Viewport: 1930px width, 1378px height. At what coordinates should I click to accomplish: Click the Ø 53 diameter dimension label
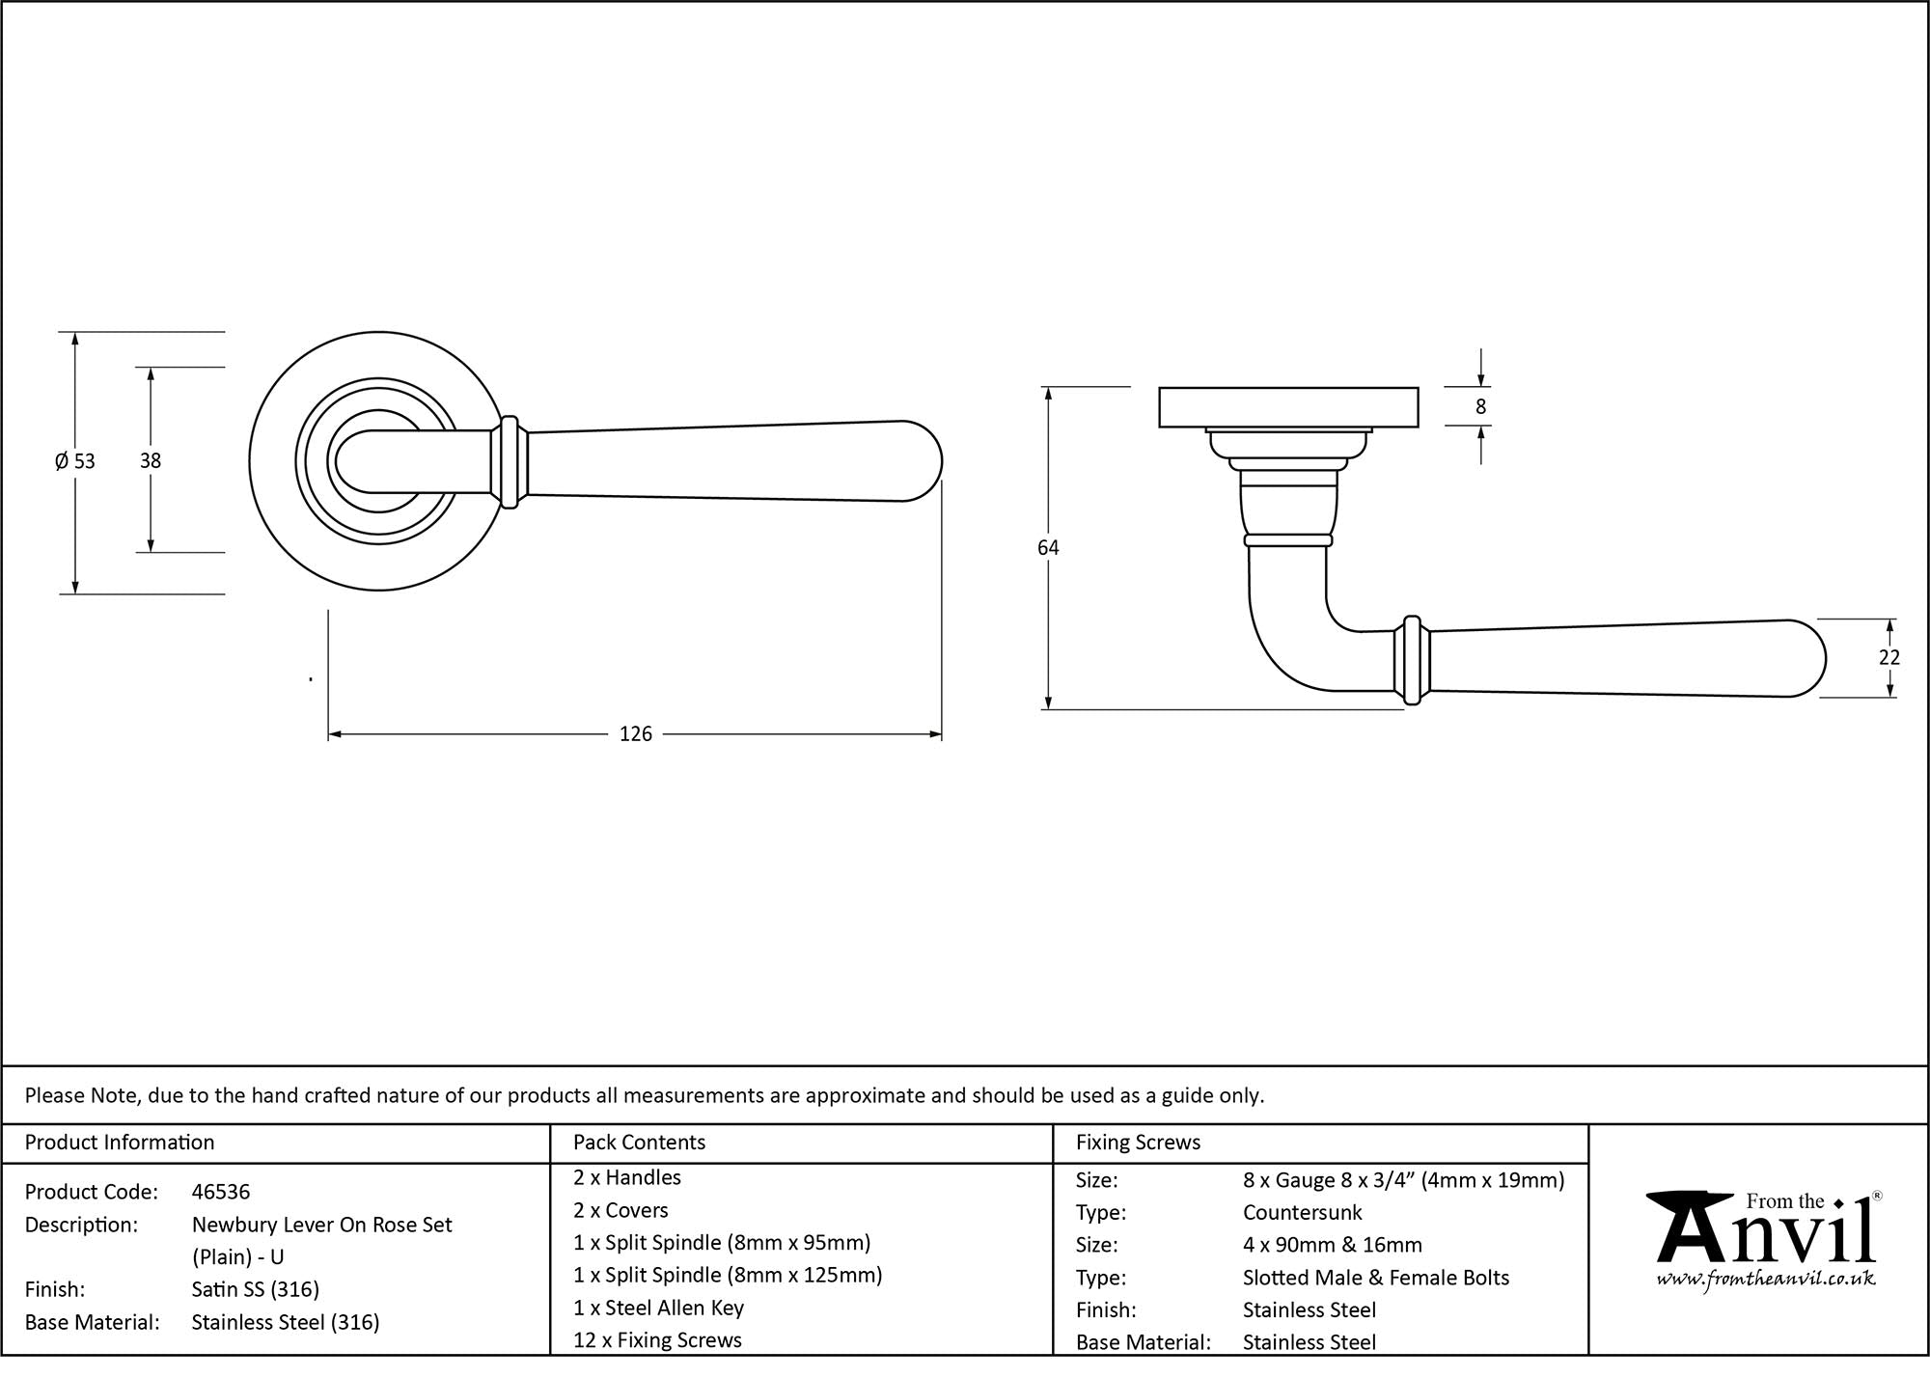point(75,461)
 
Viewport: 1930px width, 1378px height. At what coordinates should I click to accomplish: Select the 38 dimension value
point(151,461)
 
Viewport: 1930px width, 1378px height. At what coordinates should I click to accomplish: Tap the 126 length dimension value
point(636,734)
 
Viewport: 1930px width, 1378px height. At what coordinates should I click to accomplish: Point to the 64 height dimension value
point(1048,548)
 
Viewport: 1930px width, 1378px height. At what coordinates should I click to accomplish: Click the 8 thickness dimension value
point(1481,407)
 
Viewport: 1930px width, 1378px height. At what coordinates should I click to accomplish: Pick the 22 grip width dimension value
point(1889,657)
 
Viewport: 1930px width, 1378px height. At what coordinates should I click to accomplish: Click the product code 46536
point(221,1192)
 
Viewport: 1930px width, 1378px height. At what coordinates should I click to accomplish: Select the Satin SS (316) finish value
point(256,1289)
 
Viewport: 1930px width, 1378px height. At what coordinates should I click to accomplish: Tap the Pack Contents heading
point(639,1143)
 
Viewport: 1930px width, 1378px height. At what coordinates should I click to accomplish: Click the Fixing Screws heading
point(1139,1143)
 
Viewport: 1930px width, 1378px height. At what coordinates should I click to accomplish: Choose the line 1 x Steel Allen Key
point(659,1308)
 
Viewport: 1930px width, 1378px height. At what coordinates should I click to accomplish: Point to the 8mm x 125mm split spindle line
point(728,1275)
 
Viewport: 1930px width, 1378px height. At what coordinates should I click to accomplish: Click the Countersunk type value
point(1303,1212)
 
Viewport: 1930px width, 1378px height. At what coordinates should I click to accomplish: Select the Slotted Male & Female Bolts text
point(1376,1278)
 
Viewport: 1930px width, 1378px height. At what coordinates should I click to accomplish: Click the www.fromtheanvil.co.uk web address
point(1766,1279)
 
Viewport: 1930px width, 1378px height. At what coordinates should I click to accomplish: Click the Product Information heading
point(120,1143)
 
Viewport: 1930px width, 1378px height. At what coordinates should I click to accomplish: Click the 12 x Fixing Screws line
point(657,1340)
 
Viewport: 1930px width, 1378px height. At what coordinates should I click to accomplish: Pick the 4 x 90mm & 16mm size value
point(1333,1245)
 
